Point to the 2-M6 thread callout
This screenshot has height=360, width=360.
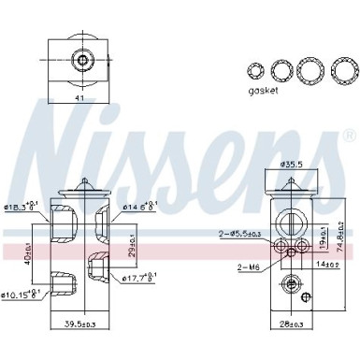click(x=247, y=267)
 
